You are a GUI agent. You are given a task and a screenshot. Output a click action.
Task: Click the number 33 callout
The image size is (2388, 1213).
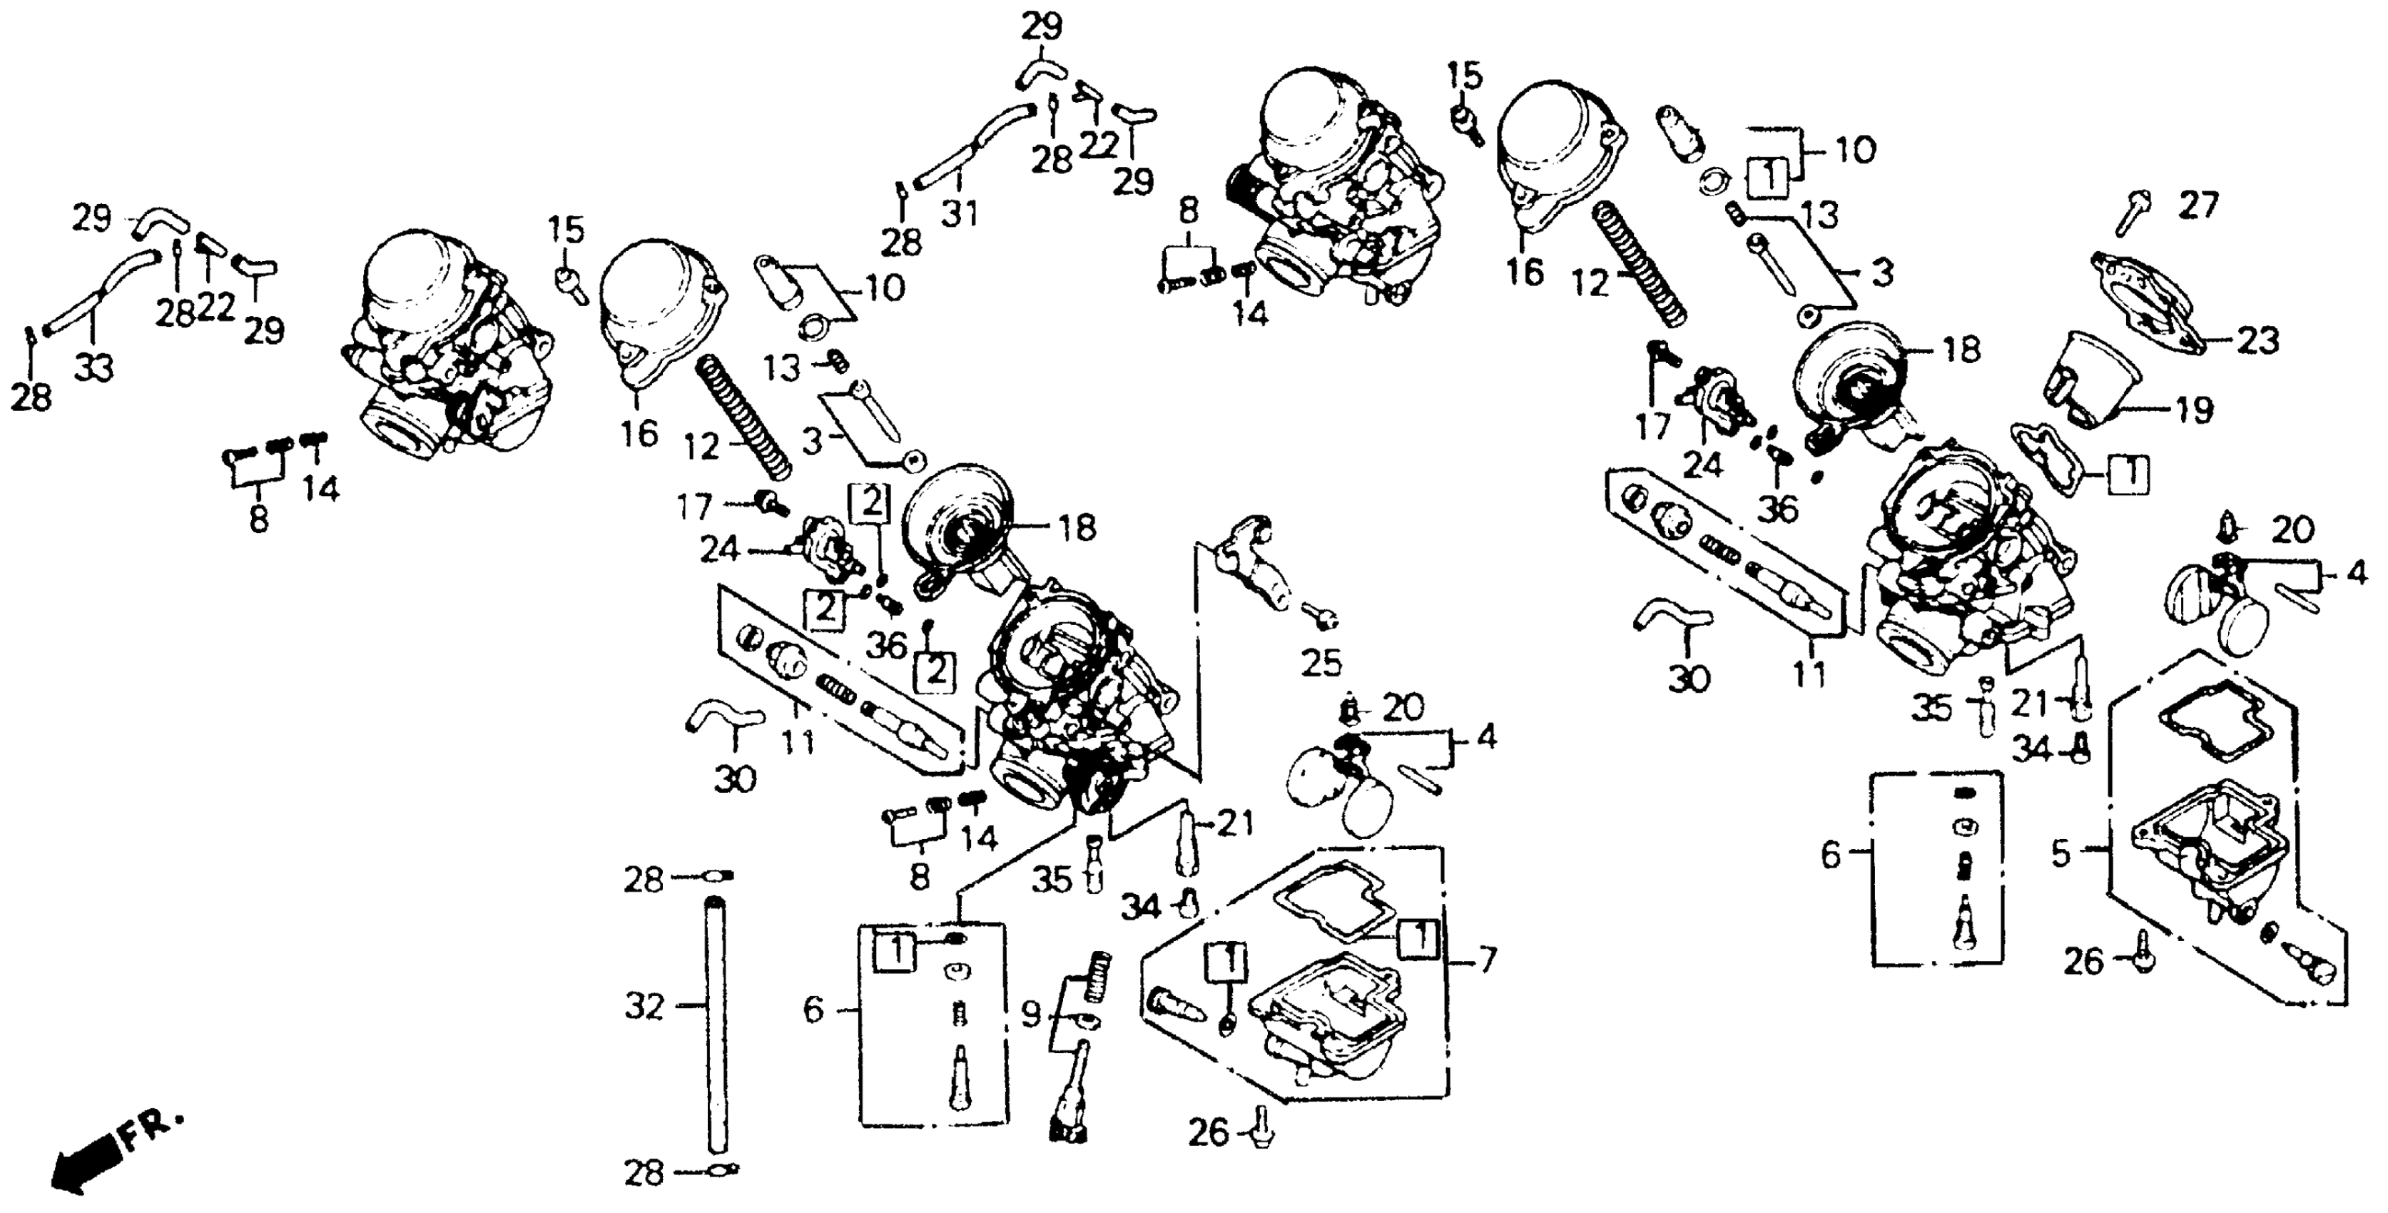[x=93, y=368]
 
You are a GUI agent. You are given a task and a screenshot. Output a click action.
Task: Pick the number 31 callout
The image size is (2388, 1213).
[x=960, y=215]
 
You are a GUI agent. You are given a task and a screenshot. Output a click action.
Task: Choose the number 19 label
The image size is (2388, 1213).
[x=2193, y=409]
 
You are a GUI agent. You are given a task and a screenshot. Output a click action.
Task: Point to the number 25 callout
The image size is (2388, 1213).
[x=1321, y=662]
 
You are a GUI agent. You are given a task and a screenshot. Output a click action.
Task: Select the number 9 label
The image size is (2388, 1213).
[x=1031, y=1015]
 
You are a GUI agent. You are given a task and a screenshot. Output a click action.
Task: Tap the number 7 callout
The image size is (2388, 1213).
[x=1486, y=960]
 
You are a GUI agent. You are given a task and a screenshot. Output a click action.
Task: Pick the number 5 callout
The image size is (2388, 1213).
[x=2060, y=853]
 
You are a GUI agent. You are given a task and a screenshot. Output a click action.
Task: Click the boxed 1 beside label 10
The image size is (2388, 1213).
[x=1768, y=176]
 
